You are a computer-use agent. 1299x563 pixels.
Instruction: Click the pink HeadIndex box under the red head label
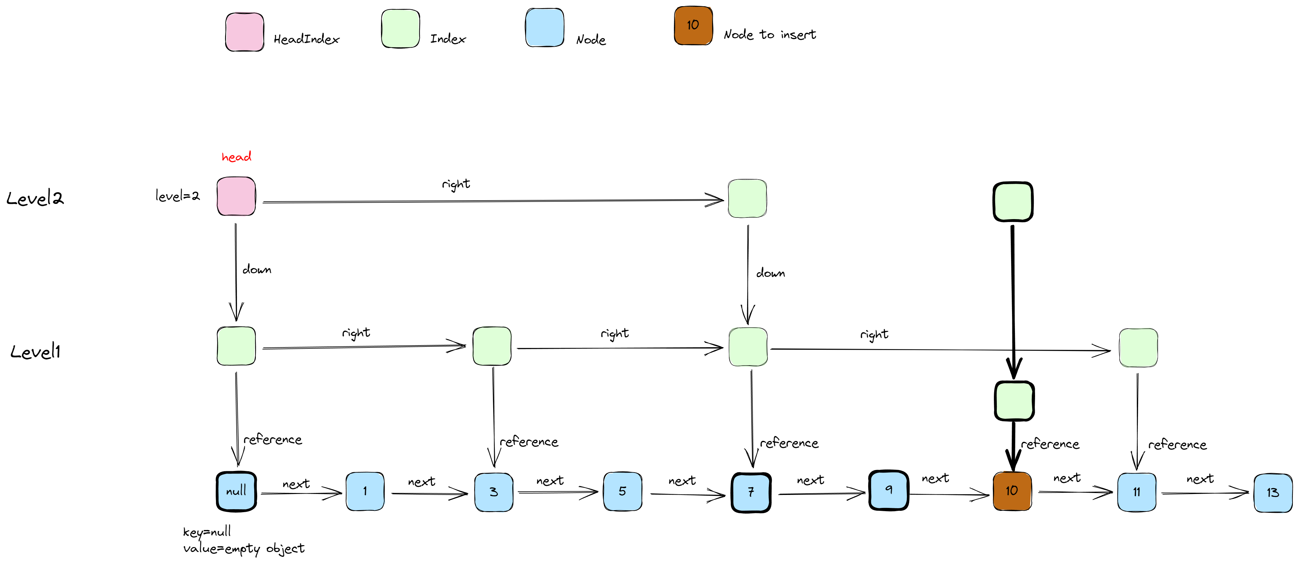pos(236,196)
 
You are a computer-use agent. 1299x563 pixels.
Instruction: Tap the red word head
pos(236,157)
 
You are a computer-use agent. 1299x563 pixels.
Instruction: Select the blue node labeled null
pos(236,491)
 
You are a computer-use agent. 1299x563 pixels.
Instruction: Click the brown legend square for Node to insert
pos(693,26)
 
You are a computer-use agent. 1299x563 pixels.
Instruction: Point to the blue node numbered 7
pos(751,492)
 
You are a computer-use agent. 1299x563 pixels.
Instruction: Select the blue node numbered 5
pos(622,491)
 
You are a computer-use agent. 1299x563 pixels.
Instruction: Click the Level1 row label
pos(35,352)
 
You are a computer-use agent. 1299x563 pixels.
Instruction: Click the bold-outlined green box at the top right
pos(1013,202)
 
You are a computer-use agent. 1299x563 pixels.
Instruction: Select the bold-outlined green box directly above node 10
pos(1014,401)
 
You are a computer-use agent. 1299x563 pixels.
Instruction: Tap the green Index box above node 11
pos(1138,348)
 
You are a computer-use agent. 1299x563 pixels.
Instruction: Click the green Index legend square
pos(400,29)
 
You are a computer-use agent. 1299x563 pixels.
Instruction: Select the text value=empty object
pos(244,548)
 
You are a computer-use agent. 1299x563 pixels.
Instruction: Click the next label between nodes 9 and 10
pos(935,478)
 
